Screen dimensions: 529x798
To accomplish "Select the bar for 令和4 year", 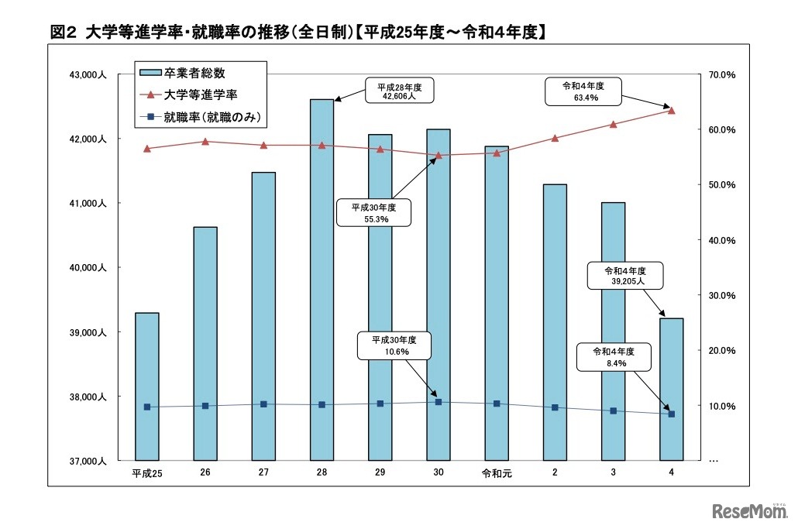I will point(672,387).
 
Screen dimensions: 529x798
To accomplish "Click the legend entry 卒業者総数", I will point(194,73).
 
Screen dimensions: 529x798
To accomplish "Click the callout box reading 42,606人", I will point(398,92).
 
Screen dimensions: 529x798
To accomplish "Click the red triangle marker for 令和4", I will point(671,110).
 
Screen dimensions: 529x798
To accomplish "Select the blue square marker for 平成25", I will point(146,407).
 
